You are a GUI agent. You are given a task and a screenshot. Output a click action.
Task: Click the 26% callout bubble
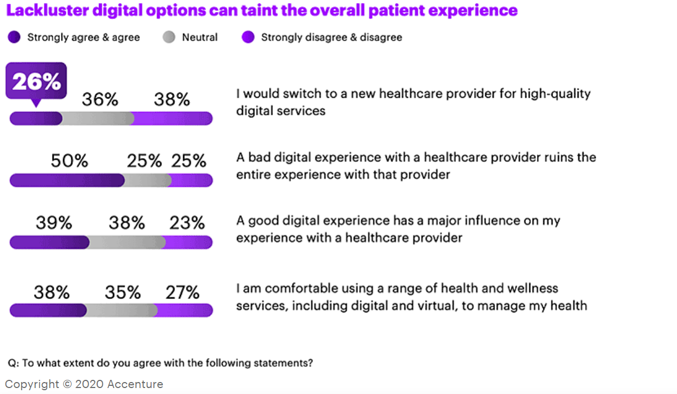pyautogui.click(x=36, y=82)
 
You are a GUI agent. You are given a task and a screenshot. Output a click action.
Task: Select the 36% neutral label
pyautogui.click(x=100, y=99)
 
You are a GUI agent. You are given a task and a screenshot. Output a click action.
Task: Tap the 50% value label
pyautogui.click(x=69, y=161)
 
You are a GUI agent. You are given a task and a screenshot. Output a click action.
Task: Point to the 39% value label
pyautogui.click(x=54, y=223)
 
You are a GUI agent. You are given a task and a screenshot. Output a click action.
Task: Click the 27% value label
pyautogui.click(x=183, y=292)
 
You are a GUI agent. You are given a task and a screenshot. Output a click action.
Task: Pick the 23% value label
pyautogui.click(x=187, y=223)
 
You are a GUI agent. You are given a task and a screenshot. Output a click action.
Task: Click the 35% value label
pyautogui.click(x=123, y=292)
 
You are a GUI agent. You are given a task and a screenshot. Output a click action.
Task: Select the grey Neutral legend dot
pyautogui.click(x=169, y=37)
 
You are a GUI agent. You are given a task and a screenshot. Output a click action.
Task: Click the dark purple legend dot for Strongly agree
pyautogui.click(x=14, y=37)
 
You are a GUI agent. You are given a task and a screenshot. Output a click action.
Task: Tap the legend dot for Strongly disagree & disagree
pyautogui.click(x=248, y=37)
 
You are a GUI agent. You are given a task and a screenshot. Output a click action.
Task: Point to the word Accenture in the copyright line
pyautogui.click(x=135, y=384)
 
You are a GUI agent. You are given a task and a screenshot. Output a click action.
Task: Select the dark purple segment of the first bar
pyautogui.click(x=36, y=118)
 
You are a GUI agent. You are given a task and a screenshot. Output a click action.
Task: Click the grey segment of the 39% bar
pyautogui.click(x=127, y=242)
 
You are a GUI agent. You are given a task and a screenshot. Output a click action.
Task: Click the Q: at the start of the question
pyautogui.click(x=12, y=363)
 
